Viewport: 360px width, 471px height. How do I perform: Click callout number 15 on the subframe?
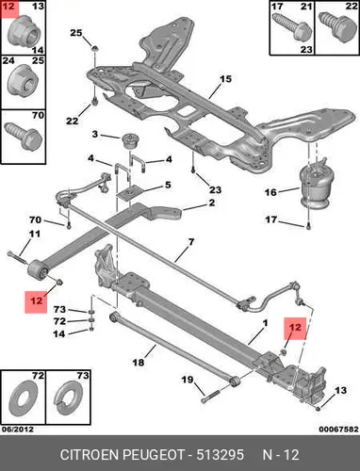coord(225,79)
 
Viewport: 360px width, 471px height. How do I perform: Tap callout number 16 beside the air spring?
coord(270,192)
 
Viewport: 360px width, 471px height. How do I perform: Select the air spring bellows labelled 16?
coord(314,187)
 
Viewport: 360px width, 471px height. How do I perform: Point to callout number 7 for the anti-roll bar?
coord(191,242)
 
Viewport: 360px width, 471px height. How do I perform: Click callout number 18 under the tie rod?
coord(139,363)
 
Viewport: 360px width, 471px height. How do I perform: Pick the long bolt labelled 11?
coord(18,258)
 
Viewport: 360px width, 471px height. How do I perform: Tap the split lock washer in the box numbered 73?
coord(68,398)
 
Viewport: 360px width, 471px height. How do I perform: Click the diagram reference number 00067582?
coord(338,429)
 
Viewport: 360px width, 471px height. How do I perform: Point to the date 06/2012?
coord(18,429)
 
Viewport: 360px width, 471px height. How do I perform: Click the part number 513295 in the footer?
coord(220,455)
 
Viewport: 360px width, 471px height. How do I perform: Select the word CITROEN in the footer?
coord(90,455)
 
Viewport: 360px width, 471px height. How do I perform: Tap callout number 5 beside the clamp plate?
coord(168,185)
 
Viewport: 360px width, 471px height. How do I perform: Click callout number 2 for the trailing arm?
coord(212,203)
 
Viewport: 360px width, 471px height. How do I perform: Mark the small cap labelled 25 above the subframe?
coord(94,48)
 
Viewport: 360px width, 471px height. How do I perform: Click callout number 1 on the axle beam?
coord(265,323)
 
